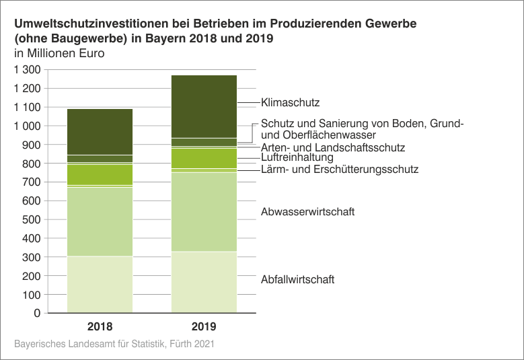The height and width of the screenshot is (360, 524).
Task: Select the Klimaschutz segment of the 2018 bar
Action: click(x=100, y=132)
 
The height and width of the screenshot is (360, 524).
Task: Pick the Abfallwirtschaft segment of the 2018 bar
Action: click(x=100, y=285)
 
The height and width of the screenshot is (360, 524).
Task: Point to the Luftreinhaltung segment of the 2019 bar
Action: click(x=204, y=158)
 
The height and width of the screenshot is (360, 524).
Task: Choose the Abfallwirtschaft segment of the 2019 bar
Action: click(x=204, y=282)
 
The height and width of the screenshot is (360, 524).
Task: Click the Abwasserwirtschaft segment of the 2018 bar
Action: click(x=100, y=221)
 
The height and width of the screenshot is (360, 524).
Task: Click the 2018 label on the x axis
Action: click(x=100, y=327)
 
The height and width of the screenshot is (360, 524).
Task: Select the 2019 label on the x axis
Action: click(x=204, y=327)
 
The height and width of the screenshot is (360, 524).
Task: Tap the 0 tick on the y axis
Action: click(x=36, y=314)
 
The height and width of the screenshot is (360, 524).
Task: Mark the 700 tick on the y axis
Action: click(x=31, y=182)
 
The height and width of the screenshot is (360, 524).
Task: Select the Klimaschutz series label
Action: click(x=290, y=103)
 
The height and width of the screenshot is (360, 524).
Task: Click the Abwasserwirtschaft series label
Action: click(x=307, y=211)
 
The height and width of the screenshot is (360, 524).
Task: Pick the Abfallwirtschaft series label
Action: click(x=297, y=279)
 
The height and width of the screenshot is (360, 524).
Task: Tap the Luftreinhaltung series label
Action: click(x=297, y=157)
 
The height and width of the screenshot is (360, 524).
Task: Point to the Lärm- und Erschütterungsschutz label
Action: click(x=339, y=170)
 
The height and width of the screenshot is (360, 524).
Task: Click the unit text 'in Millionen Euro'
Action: click(x=60, y=54)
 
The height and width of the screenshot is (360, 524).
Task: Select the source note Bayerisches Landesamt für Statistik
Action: click(x=114, y=344)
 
